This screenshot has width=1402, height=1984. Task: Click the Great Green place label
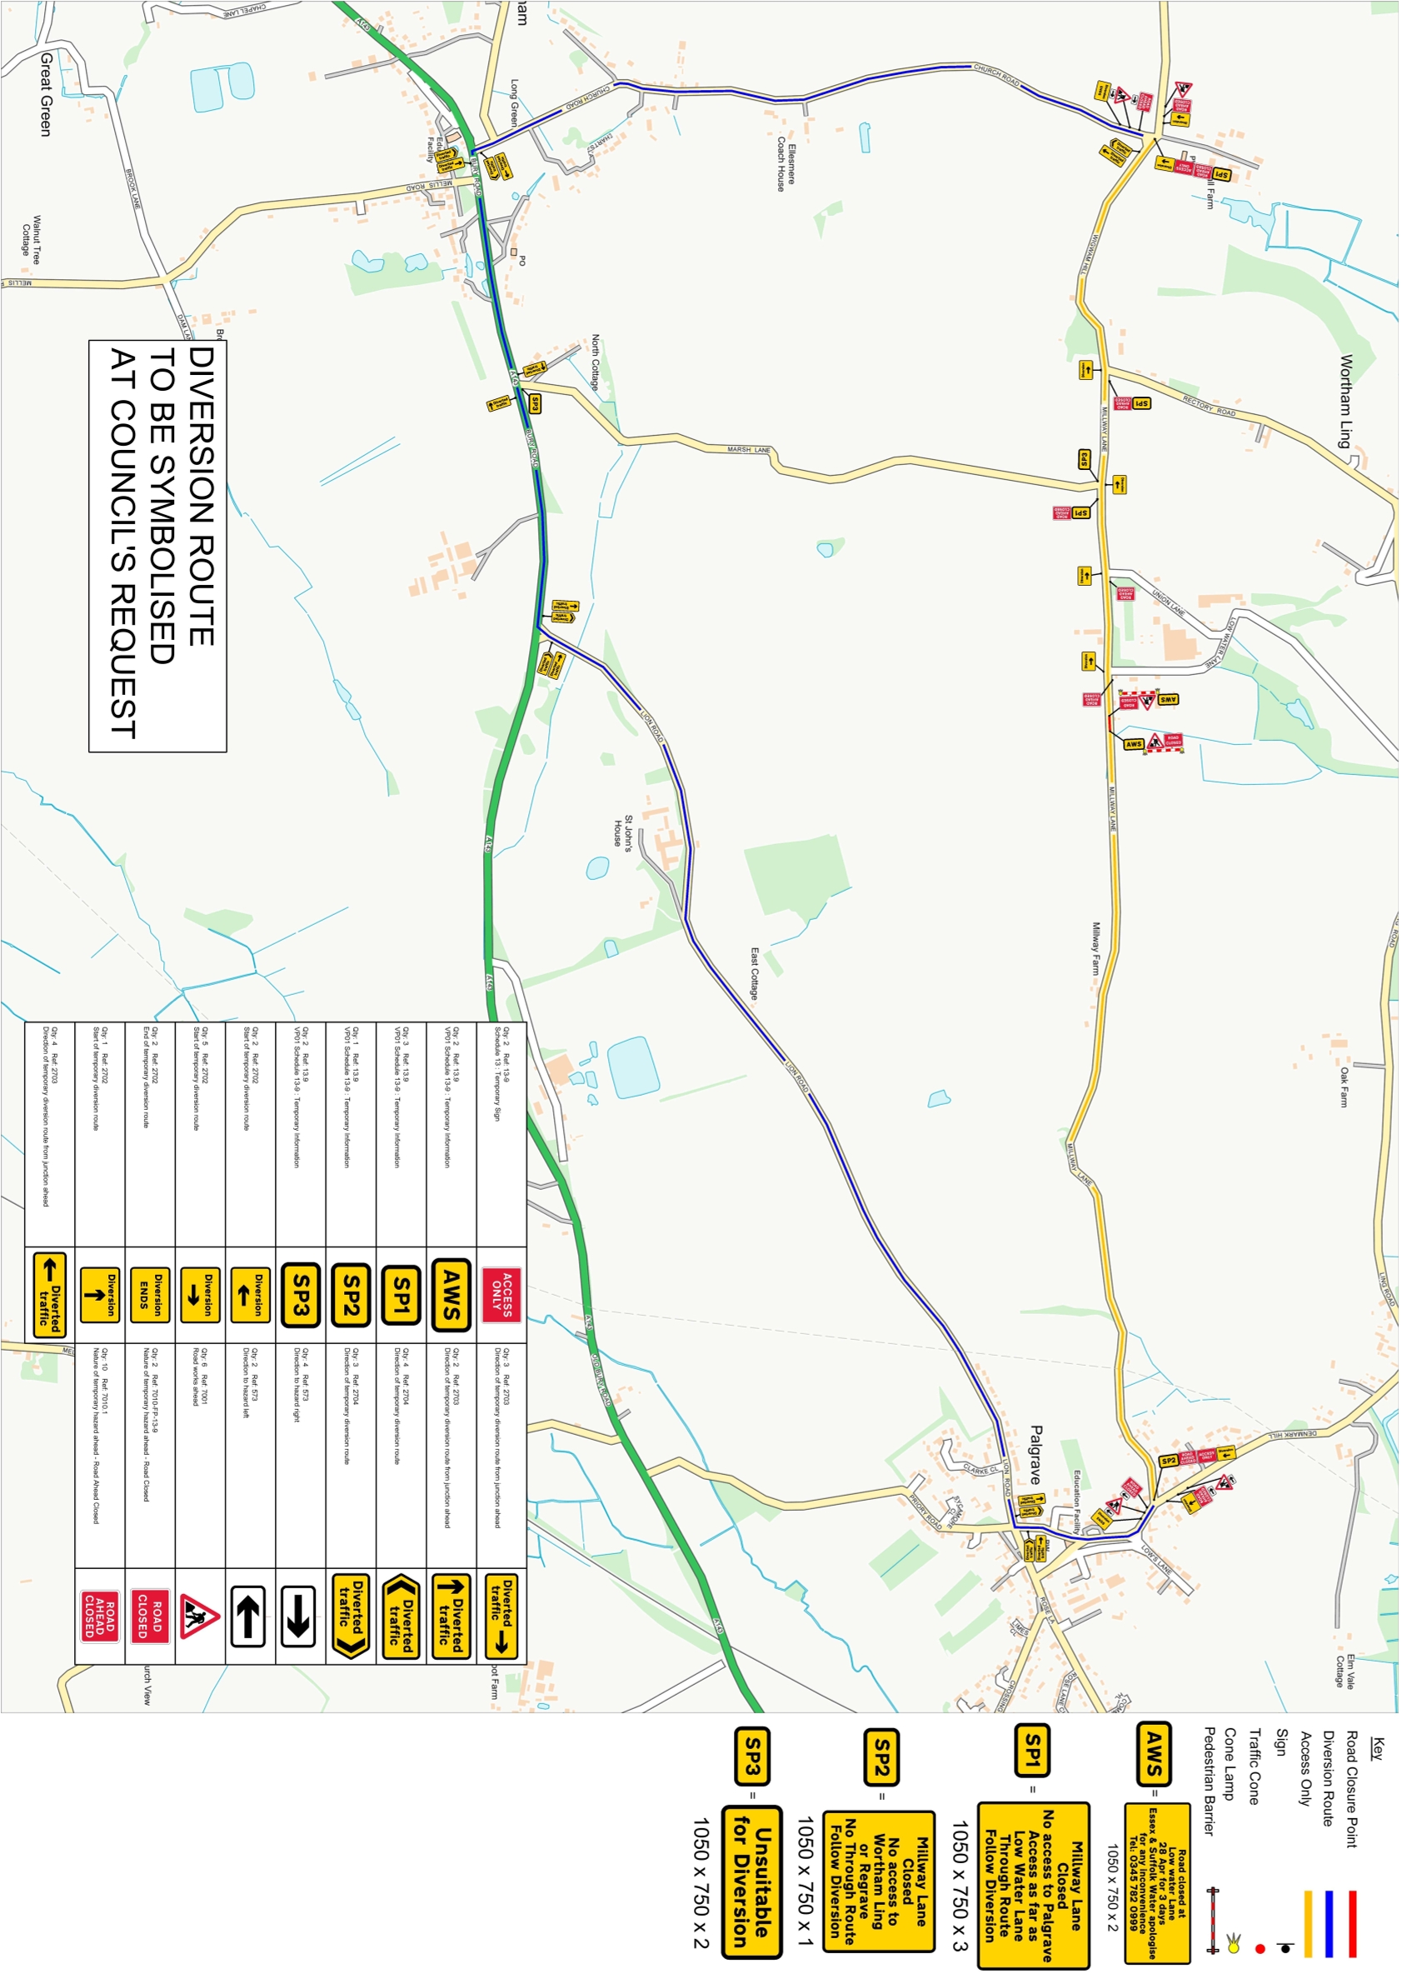click(46, 93)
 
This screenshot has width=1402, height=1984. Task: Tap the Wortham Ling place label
click(1346, 401)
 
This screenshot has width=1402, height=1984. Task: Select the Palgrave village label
click(1035, 1454)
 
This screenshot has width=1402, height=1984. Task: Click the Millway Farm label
click(1096, 948)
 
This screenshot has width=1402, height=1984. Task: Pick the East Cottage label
click(754, 973)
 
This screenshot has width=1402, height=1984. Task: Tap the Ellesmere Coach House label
click(786, 163)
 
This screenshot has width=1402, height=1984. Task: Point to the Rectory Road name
click(1209, 405)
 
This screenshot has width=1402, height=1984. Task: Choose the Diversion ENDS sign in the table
click(150, 1294)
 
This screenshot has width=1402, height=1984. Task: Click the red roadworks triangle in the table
click(201, 1615)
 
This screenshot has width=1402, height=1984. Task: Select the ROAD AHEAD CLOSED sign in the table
click(100, 1616)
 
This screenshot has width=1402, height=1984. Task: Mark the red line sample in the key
click(1352, 1923)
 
